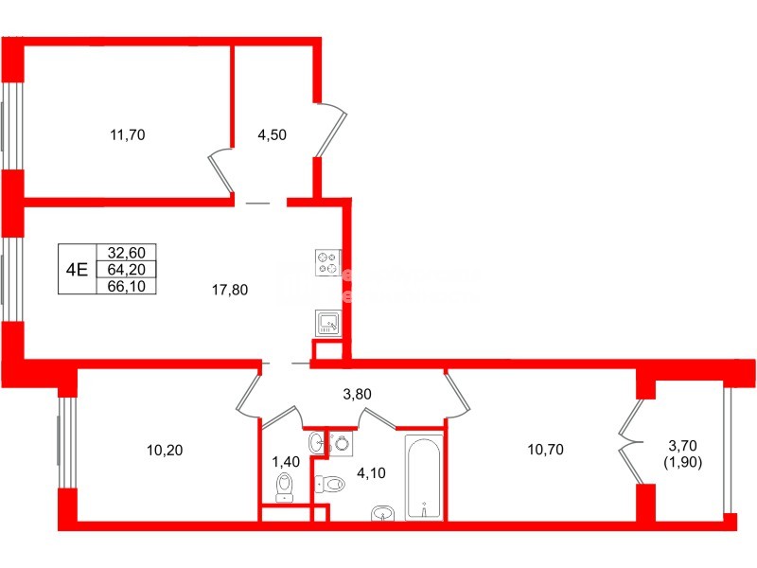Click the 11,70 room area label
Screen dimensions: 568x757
coord(128,134)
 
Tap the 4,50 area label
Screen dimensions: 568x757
coord(272,134)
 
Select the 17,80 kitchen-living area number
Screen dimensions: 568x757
coord(229,291)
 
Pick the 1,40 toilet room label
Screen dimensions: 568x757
coord(285,462)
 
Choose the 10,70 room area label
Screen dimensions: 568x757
coord(546,450)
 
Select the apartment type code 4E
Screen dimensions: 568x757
coord(77,268)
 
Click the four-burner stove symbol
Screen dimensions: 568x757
coord(327,262)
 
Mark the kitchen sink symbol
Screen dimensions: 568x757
coord(327,324)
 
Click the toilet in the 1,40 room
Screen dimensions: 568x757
coord(284,487)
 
